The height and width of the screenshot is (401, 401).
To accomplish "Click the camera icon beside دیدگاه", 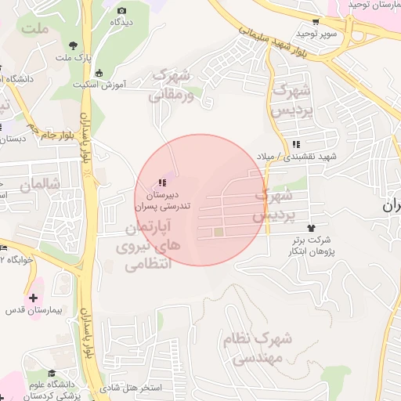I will click(121, 10).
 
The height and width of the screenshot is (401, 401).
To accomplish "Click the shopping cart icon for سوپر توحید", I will click(315, 22).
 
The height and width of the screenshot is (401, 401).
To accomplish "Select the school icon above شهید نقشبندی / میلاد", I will click(296, 144).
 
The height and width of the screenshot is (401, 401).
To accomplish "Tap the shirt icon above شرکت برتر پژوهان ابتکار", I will click(319, 226).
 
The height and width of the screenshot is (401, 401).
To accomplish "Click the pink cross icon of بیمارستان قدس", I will click(32, 298).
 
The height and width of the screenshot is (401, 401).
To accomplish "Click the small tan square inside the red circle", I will click(219, 232).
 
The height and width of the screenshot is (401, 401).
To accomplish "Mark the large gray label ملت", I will click(36, 29).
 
